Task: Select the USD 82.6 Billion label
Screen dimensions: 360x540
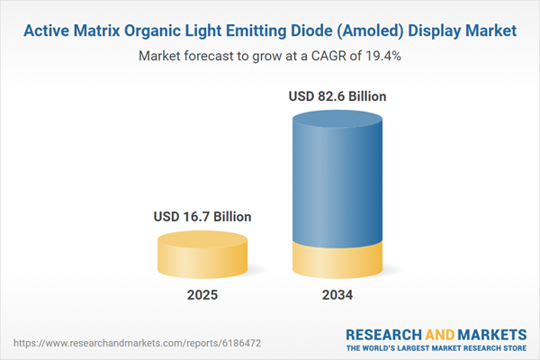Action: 339,96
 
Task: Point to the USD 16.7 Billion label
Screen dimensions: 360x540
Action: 201,217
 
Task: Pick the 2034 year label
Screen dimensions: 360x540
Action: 339,295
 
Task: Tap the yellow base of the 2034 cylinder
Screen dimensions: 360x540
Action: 339,261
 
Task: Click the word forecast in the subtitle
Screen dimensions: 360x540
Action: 216,56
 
